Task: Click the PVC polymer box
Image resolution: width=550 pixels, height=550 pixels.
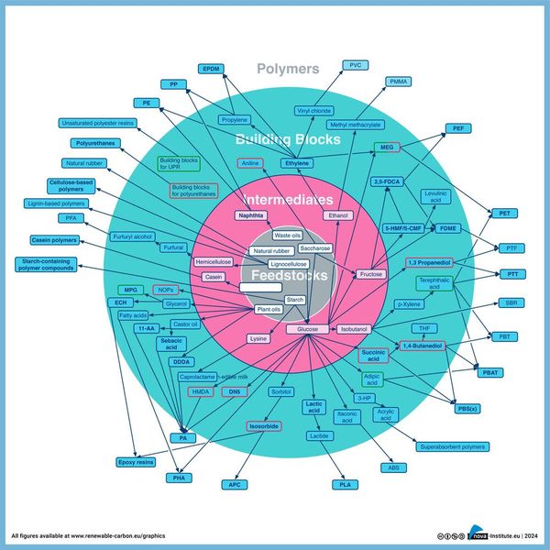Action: pos(354,65)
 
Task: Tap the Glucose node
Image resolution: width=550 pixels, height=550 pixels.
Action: pos(307,328)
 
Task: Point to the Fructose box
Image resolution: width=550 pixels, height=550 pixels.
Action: pos(371,274)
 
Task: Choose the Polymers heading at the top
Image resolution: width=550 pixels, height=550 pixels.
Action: pos(288,69)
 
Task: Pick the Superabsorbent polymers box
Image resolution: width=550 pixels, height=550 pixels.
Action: pos(452,446)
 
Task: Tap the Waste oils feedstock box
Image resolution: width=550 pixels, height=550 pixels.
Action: pos(288,236)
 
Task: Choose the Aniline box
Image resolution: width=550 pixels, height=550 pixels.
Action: pos(250,163)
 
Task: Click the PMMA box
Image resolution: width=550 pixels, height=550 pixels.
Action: pos(399,82)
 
